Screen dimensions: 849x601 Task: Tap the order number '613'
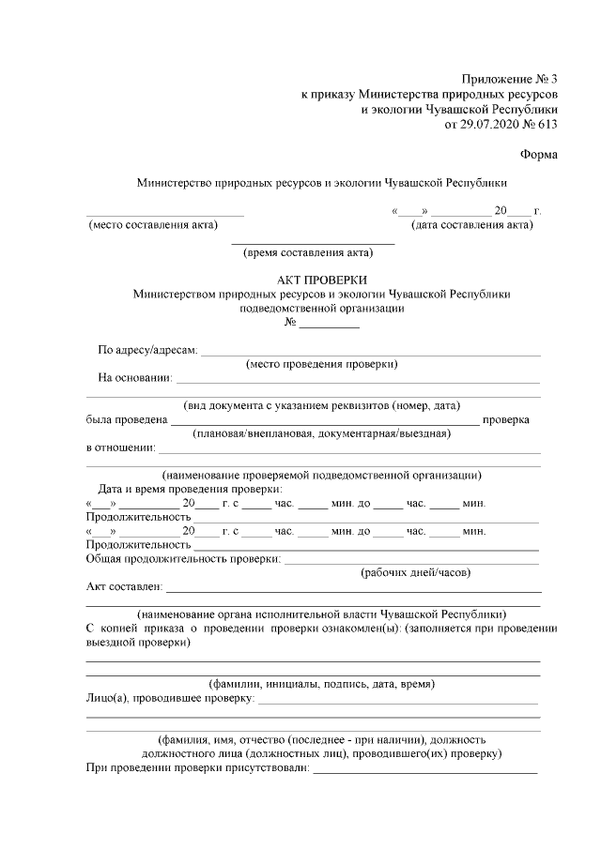click(547, 124)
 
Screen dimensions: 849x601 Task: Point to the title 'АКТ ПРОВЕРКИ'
click(322, 280)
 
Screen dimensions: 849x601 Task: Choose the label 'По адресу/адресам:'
click(147, 351)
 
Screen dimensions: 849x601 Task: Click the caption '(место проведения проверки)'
click(321, 364)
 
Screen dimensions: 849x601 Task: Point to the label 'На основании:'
click(135, 378)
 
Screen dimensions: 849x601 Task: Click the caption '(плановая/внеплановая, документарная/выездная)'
click(322, 433)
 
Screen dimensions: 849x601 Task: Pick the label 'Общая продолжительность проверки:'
click(184, 559)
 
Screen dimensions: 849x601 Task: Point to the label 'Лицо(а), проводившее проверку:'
click(170, 699)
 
